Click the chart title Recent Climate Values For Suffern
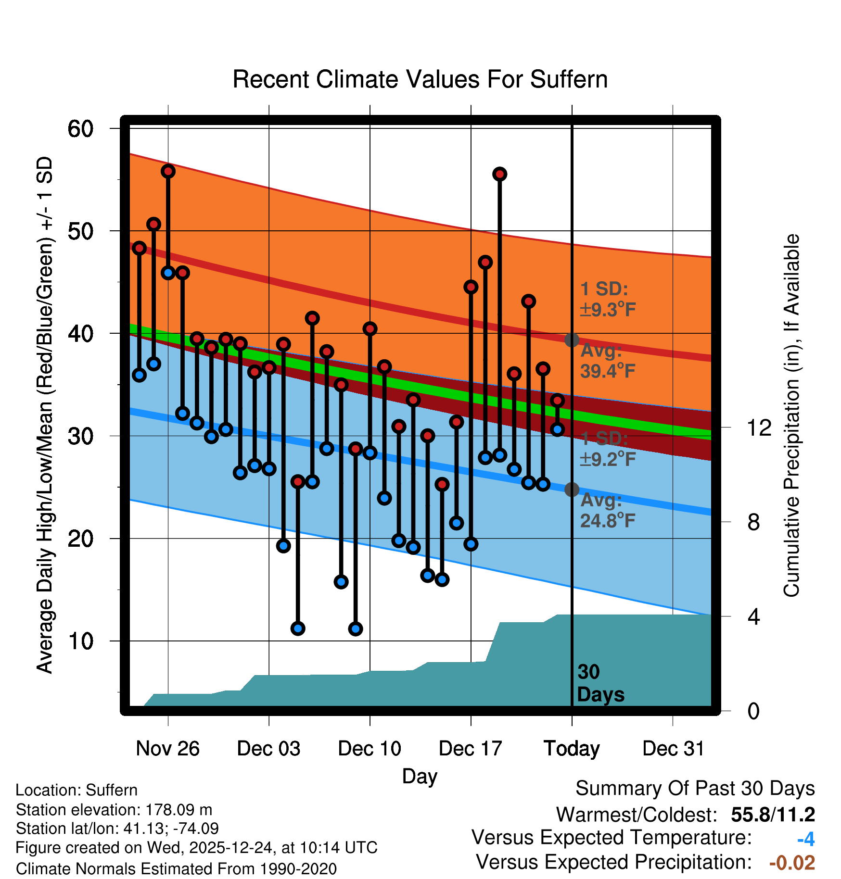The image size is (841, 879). [420, 79]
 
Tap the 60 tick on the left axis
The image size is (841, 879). [80, 129]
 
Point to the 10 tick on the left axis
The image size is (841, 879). [80, 641]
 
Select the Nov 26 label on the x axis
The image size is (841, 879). [167, 749]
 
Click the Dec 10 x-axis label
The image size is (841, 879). [370, 749]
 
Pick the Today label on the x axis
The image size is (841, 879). [572, 749]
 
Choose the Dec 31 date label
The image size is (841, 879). [673, 749]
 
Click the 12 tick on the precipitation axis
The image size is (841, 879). [759, 427]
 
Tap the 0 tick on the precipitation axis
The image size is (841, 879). [753, 711]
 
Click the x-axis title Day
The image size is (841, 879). [420, 777]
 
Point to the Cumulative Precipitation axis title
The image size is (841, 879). [791, 416]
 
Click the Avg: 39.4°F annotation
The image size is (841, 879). [608, 361]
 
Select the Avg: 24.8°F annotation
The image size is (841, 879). [608, 510]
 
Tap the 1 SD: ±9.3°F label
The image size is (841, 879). [608, 299]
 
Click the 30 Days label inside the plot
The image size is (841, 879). [600, 683]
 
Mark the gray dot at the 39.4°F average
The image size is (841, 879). [572, 340]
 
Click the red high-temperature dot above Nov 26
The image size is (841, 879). [168, 171]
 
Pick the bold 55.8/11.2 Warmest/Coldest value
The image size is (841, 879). [773, 815]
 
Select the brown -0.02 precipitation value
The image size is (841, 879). [792, 863]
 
